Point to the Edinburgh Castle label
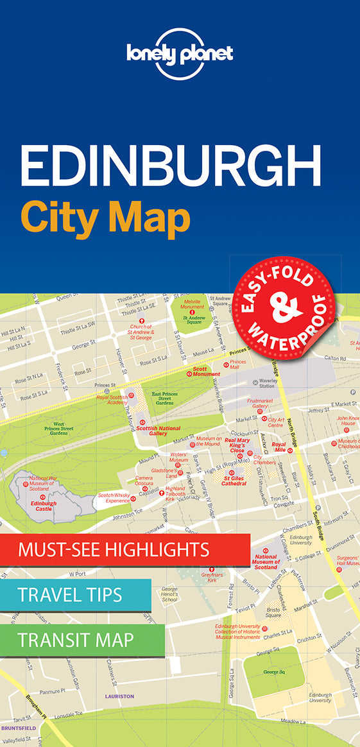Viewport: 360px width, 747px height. click(43, 506)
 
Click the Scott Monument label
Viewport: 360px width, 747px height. click(207, 372)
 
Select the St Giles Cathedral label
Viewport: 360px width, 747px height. click(235, 481)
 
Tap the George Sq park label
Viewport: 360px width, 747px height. click(273, 672)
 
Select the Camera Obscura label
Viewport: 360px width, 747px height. click(144, 481)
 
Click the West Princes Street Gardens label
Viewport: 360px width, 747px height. click(59, 429)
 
